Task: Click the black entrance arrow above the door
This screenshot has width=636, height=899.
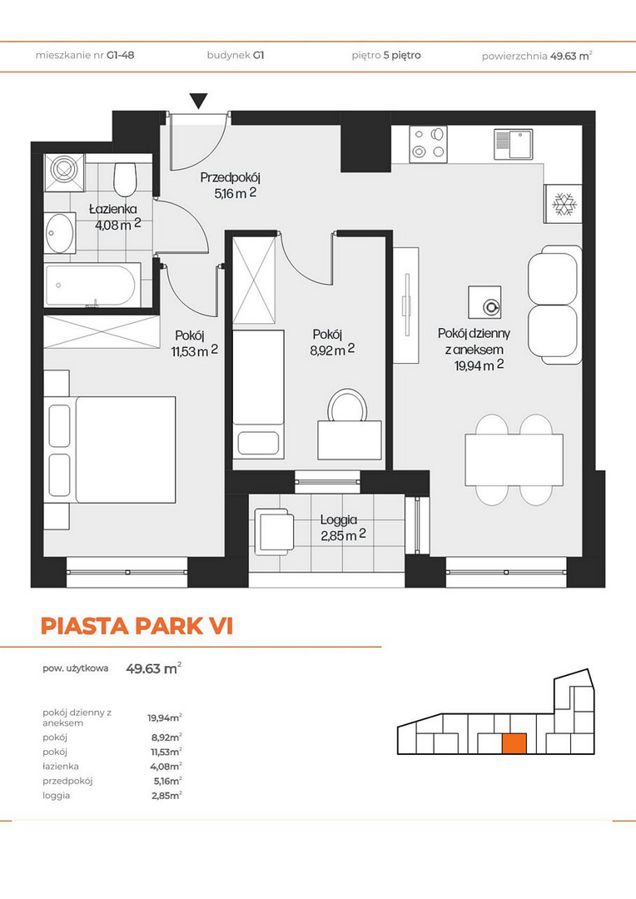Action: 198,101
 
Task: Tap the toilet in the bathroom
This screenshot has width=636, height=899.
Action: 125,179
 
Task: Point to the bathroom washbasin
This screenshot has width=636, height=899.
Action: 60,233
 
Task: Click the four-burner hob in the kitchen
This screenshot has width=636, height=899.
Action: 428,144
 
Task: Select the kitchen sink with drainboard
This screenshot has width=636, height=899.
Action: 514,144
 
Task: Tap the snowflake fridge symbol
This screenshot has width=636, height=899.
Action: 564,204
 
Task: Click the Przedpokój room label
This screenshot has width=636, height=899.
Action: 230,178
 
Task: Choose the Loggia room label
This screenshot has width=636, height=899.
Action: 338,520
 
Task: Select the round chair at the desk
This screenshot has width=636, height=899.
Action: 347,405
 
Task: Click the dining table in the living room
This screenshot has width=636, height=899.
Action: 514,459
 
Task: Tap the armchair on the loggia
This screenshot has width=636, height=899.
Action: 274,531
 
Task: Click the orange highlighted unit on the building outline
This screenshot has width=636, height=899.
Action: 514,743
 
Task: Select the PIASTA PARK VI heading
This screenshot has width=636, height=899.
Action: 137,626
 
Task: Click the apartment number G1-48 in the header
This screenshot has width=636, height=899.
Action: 121,56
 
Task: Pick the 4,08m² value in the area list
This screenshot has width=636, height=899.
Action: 166,766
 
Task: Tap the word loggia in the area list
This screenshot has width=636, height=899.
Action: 57,796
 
